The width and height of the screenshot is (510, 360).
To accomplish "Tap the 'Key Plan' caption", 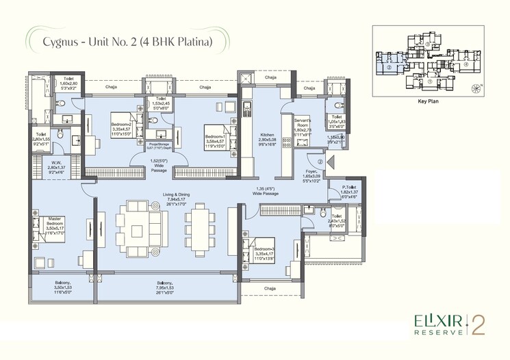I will pyautogui.click(x=427, y=100).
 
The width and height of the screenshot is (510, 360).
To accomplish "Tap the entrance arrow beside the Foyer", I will pyautogui.click(x=331, y=163).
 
